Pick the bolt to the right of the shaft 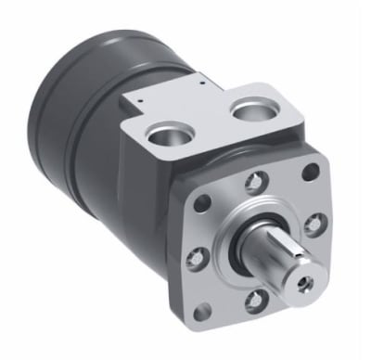click(x=315, y=223)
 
